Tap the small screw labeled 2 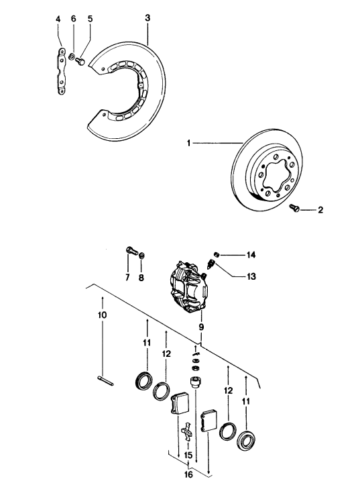[x=294, y=209]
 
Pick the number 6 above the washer [x=74, y=19]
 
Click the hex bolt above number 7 [x=131, y=253]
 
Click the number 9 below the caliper [x=200, y=327]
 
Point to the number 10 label [x=101, y=315]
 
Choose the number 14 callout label [x=251, y=255]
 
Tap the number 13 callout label [x=251, y=275]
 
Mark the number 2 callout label [x=320, y=210]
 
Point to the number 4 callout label [x=58, y=19]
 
